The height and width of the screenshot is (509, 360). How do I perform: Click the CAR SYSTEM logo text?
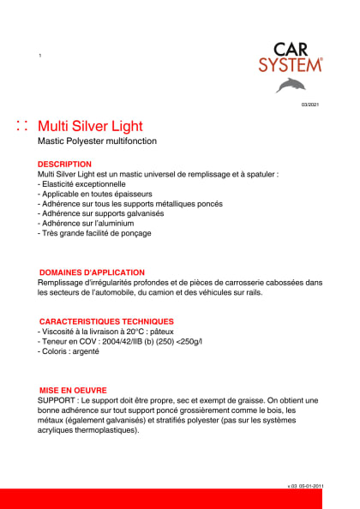tap(291, 58)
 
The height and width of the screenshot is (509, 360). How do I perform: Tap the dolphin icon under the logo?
tap(291, 84)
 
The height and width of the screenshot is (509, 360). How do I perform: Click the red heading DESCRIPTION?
tap(64, 163)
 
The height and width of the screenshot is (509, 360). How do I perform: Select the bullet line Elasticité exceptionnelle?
tap(84, 183)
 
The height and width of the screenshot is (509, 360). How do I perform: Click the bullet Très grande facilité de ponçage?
tap(97, 233)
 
